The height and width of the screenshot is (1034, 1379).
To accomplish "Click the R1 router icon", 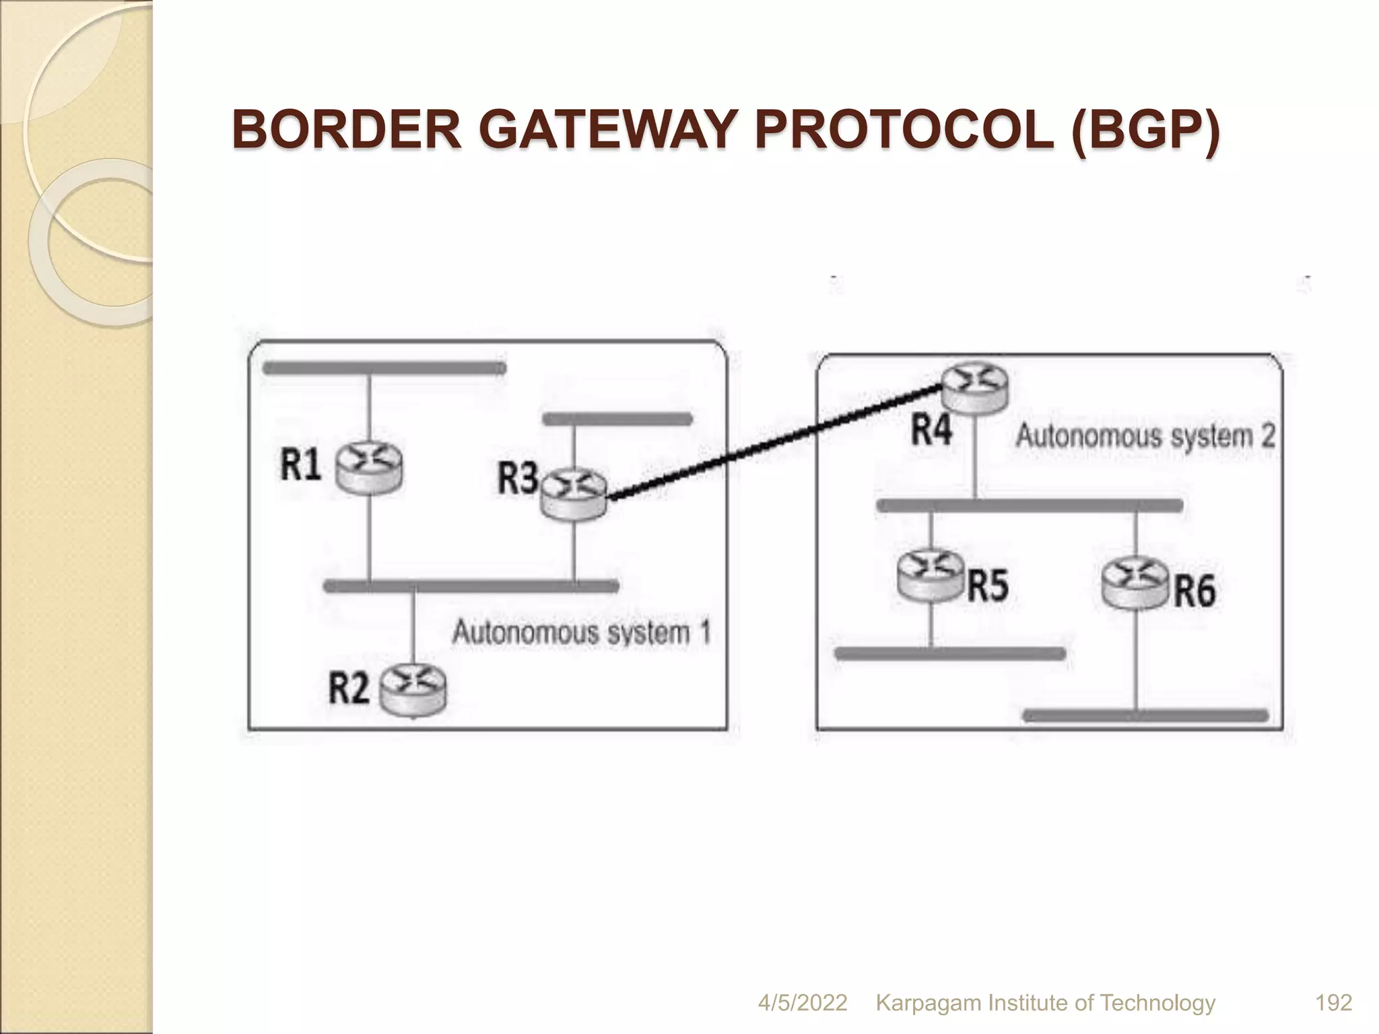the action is (x=370, y=469).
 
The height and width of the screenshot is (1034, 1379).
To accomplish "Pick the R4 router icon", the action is (x=974, y=388).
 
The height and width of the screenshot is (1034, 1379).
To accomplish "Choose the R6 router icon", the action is (x=1136, y=583).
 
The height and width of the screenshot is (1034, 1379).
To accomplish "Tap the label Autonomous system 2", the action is (x=1145, y=436).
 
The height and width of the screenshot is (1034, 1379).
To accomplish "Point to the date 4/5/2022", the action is (x=802, y=1003).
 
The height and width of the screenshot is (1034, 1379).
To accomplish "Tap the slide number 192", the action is (x=1333, y=1003).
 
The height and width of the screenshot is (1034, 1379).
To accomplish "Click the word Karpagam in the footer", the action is (x=928, y=1003).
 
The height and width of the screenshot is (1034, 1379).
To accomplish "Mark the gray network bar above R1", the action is (x=384, y=368).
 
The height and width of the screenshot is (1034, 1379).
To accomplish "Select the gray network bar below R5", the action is (x=949, y=654).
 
